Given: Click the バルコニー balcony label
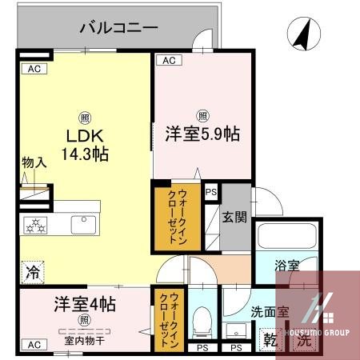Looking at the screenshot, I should click(118, 28).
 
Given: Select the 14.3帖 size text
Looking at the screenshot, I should click(84, 152).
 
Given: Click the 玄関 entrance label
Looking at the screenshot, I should click(234, 216).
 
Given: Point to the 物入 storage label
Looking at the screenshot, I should click(34, 162).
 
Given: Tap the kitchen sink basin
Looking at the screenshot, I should click(83, 224).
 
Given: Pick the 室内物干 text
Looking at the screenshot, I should click(84, 339).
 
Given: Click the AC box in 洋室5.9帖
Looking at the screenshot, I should click(169, 60).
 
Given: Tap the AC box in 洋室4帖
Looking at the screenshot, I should click(34, 345).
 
